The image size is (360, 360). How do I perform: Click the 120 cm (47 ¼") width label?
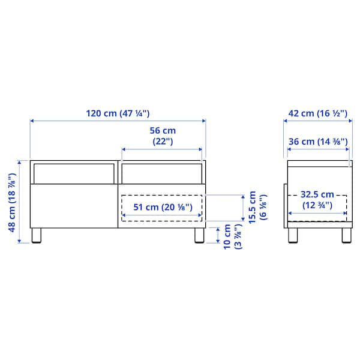[117, 112]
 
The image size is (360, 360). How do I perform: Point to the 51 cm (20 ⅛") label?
[162, 208]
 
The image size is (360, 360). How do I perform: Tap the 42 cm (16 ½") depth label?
[317, 112]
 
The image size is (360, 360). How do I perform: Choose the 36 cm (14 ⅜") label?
[317, 142]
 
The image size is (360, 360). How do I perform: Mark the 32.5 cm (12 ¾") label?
[317, 199]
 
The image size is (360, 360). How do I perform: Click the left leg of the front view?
[37, 235]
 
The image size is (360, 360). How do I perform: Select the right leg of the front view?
[199, 235]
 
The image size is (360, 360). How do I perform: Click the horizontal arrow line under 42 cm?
[317, 122]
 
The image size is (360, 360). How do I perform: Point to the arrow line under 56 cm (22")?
[163, 149]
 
